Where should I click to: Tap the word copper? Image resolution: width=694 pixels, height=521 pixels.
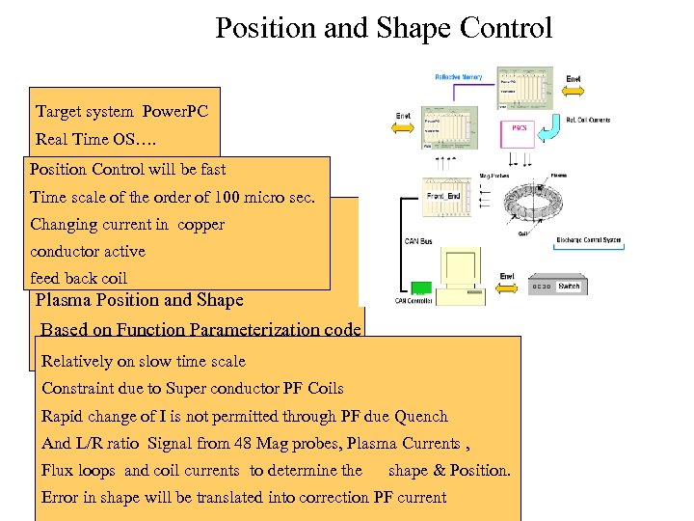(201, 225)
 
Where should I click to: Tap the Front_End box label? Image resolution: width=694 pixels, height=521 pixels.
(444, 196)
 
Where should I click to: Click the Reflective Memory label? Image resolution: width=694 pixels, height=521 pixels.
(459, 77)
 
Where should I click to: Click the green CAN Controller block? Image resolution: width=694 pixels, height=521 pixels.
(419, 288)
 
